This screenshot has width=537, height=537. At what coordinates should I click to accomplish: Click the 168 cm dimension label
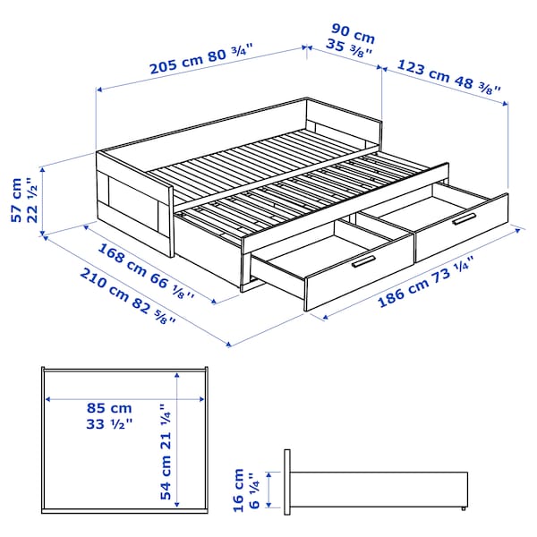click(x=119, y=260)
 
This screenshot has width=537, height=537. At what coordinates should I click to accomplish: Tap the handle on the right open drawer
click(x=465, y=219)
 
